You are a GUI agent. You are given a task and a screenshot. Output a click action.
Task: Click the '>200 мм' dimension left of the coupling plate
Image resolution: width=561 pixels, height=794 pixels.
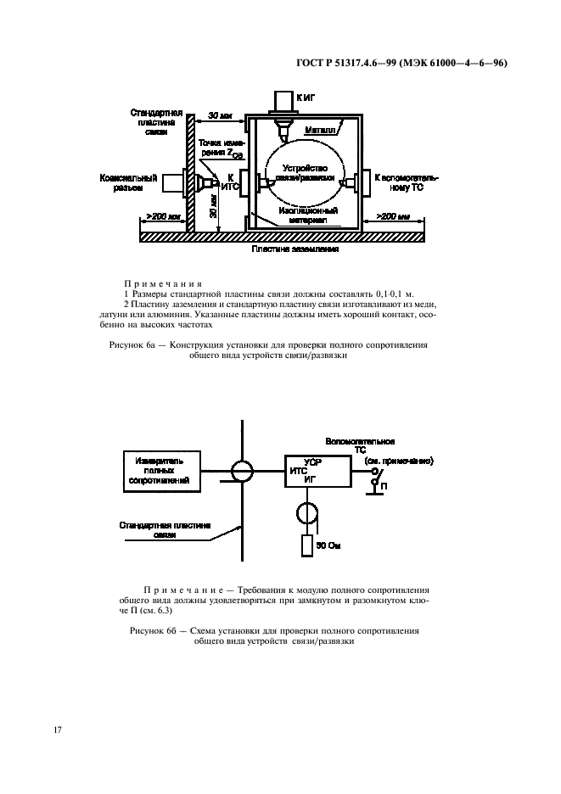coord(160,217)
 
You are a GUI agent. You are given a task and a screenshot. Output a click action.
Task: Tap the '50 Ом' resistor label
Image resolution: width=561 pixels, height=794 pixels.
coord(327,546)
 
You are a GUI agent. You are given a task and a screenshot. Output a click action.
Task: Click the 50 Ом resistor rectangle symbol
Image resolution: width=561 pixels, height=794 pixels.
coord(306,545)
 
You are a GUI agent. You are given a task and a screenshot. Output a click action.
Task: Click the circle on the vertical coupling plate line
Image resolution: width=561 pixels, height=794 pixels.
coord(244,470)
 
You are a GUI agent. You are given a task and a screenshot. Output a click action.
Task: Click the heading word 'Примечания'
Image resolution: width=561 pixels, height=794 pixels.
coord(162,284)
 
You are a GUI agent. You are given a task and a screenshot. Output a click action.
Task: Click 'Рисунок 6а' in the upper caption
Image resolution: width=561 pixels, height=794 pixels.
coord(139,346)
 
